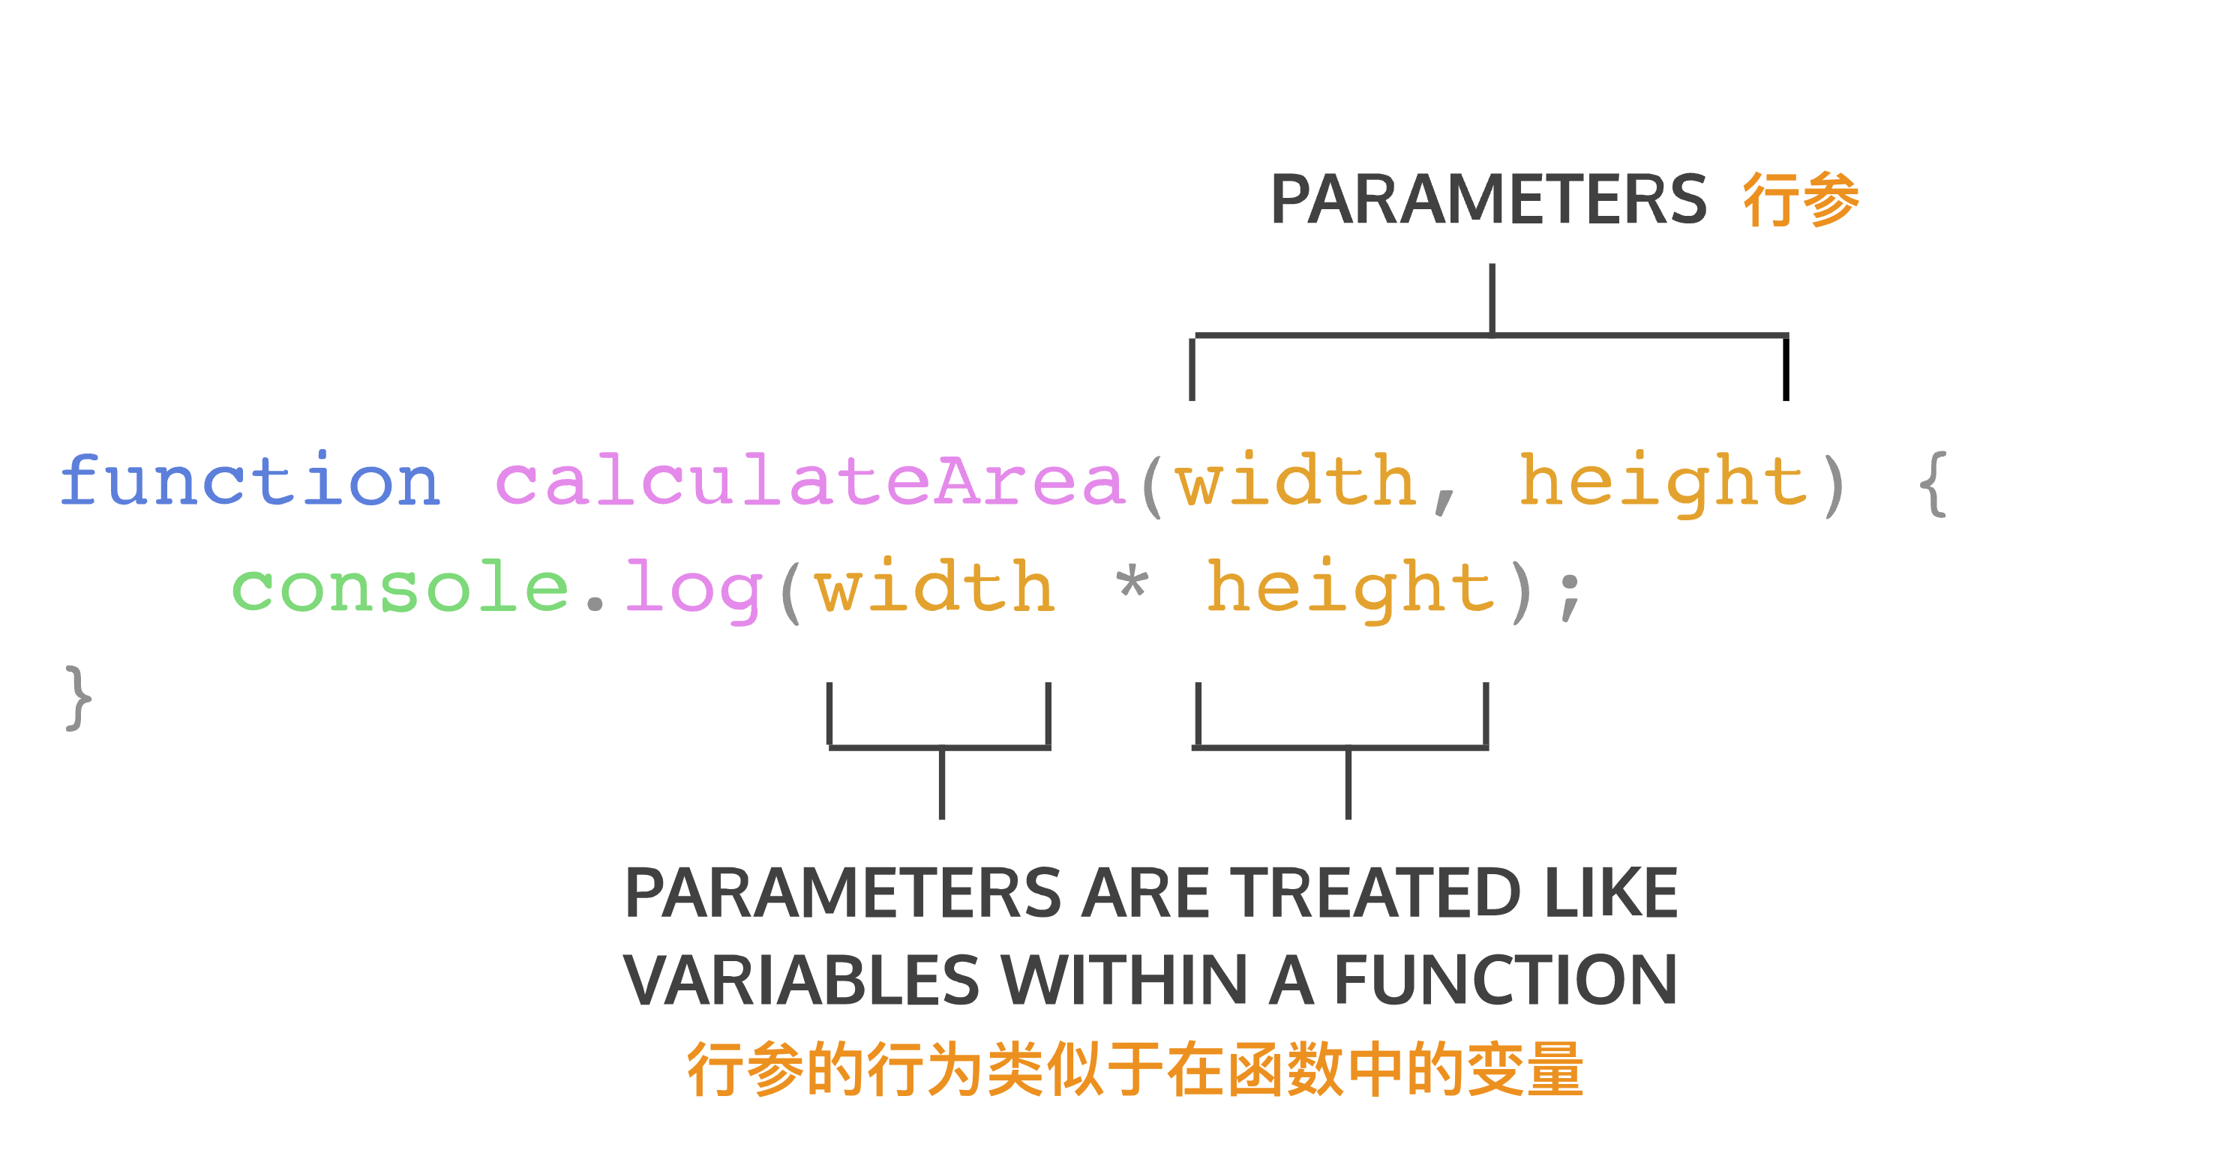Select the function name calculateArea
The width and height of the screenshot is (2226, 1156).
[x=810, y=480]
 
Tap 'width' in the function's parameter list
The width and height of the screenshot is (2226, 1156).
[x=1295, y=480]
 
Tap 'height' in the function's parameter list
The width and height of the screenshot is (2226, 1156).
[x=1663, y=484]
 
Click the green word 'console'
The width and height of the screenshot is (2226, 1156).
[x=400, y=587]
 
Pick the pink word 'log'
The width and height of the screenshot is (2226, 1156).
[x=693, y=591]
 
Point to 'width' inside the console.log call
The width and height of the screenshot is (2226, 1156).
[x=934, y=585]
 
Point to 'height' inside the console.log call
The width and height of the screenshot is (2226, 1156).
[x=1351, y=590]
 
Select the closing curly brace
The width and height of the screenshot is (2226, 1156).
[x=78, y=698]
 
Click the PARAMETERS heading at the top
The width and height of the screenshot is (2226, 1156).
[x=1488, y=199]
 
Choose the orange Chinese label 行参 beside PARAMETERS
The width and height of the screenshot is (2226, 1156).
[x=1801, y=199]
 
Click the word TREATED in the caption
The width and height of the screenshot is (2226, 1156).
[x=1375, y=892]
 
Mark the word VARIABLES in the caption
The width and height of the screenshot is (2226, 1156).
[x=801, y=981]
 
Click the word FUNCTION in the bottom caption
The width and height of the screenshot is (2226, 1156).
[x=1505, y=981]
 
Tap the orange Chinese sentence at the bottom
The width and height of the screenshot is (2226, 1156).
[x=1135, y=1070]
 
